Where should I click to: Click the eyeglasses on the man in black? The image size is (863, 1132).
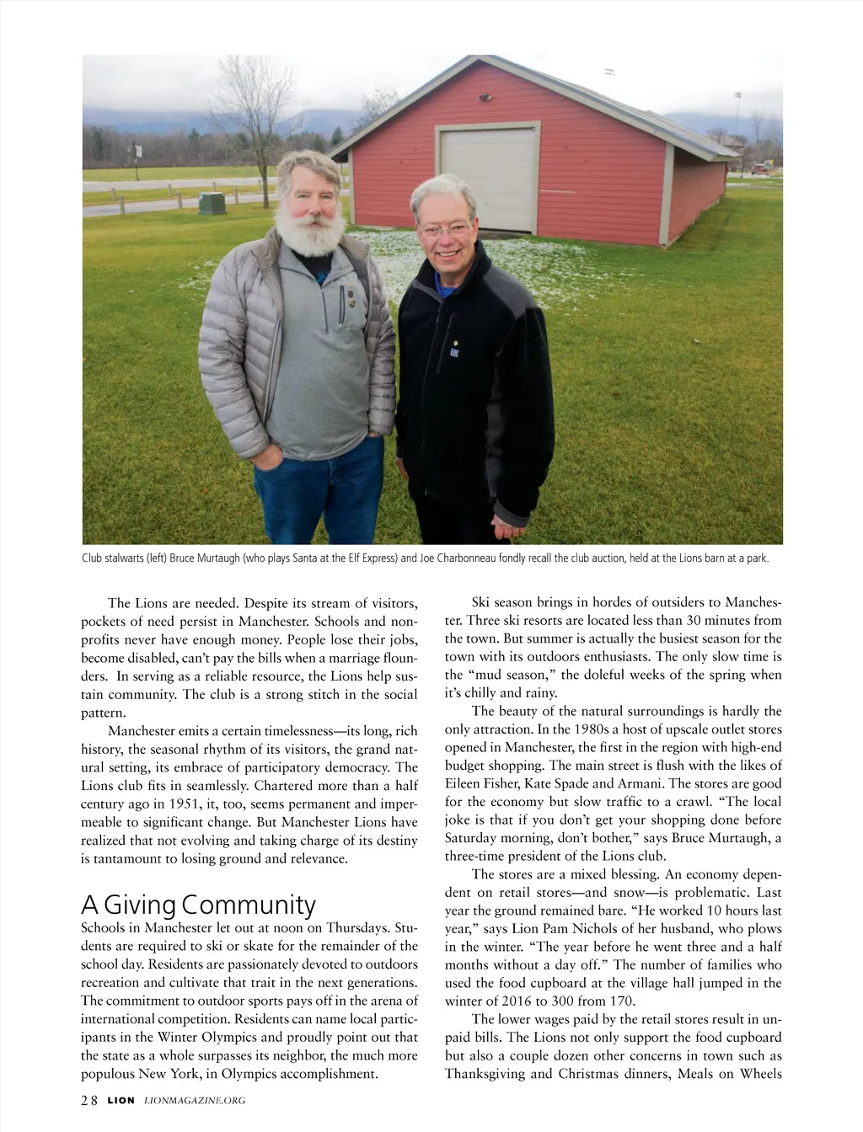coord(444,229)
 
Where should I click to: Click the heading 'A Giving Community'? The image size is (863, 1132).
coord(198,905)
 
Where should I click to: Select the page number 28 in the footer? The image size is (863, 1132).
coord(89,1100)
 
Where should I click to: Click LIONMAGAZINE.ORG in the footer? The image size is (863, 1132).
coord(195,1100)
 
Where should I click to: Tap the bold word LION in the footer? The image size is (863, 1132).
coord(121,1100)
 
